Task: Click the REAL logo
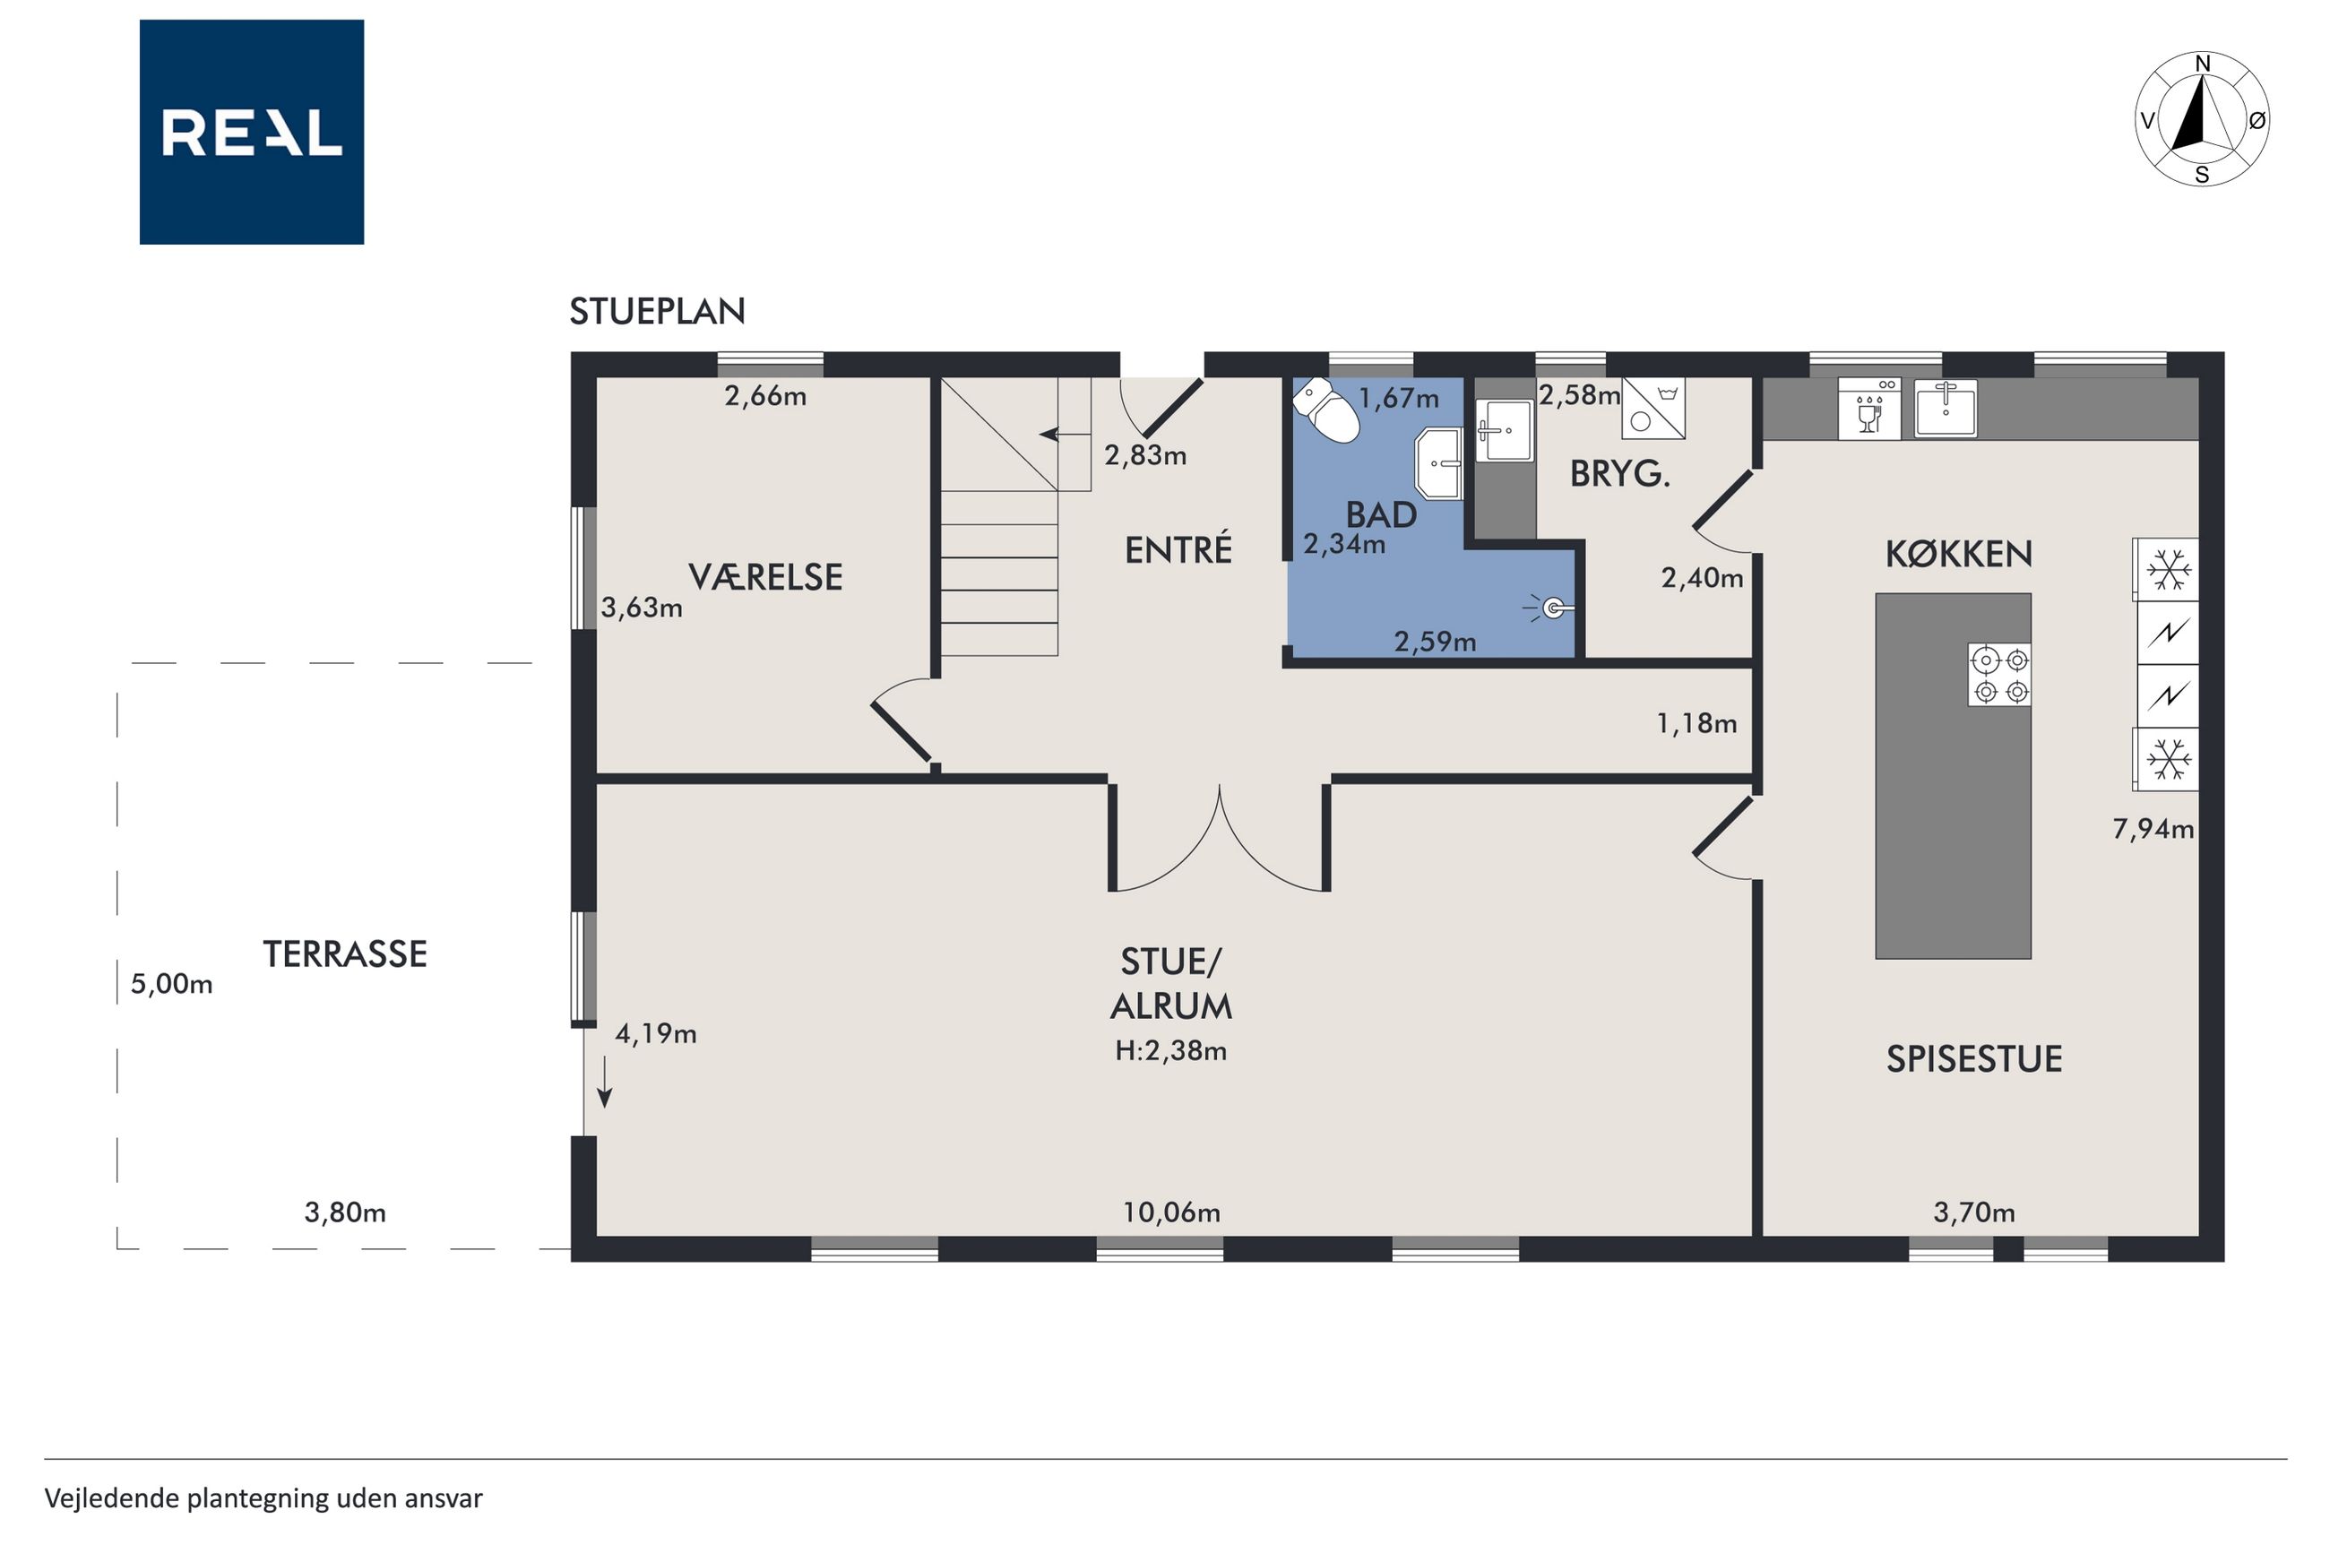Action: pyautogui.click(x=252, y=132)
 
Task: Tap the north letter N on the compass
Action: pyautogui.click(x=2202, y=65)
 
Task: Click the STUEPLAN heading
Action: pyautogui.click(x=658, y=312)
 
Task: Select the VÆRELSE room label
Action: pyautogui.click(x=765, y=576)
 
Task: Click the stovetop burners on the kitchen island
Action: pyautogui.click(x=1999, y=675)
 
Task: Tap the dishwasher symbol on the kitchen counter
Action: pyautogui.click(x=1868, y=408)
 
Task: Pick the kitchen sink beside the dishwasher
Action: pyautogui.click(x=1945, y=407)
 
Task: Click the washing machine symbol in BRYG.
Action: pyautogui.click(x=1653, y=408)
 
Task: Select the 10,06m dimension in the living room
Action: pyautogui.click(x=1170, y=1212)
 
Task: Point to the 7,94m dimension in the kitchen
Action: pyautogui.click(x=2153, y=828)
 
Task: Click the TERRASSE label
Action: pyautogui.click(x=345, y=953)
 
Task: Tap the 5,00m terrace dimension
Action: pyautogui.click(x=171, y=983)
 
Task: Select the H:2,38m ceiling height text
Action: pyautogui.click(x=1170, y=1050)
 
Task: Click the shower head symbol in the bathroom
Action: pyautogui.click(x=1549, y=608)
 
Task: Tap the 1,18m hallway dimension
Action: pyautogui.click(x=1696, y=723)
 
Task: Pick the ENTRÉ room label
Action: pyautogui.click(x=1178, y=548)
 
